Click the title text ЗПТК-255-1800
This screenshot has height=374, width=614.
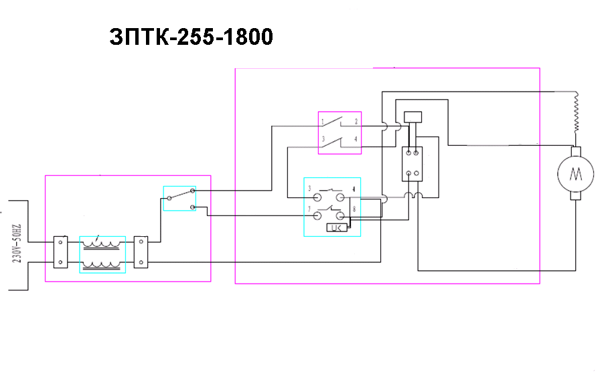191,37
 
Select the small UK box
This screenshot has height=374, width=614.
336,228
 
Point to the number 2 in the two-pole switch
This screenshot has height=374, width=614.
356,122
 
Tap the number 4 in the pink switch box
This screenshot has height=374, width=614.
356,140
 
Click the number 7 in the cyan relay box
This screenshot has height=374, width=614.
309,210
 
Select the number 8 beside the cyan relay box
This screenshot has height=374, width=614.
354,210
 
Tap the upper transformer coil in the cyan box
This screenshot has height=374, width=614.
102,245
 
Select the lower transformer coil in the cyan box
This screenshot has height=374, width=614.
102,264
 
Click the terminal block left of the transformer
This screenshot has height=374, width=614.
60,252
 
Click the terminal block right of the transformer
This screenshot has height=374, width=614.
141,252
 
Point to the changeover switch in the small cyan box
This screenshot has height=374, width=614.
180,198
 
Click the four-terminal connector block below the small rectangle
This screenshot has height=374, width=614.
412,164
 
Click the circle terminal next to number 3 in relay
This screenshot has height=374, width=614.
317,198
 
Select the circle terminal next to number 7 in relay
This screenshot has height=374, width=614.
317,215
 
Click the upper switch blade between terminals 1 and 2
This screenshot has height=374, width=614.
339,121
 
